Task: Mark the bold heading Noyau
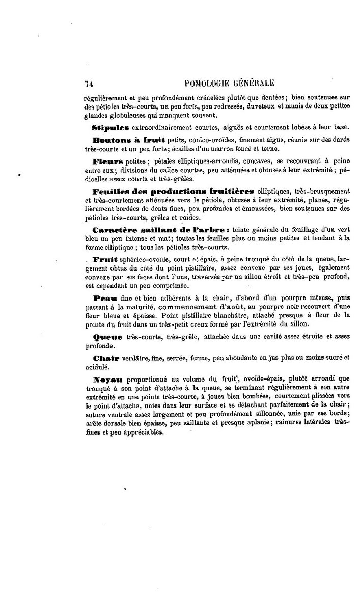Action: coord(105,380)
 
